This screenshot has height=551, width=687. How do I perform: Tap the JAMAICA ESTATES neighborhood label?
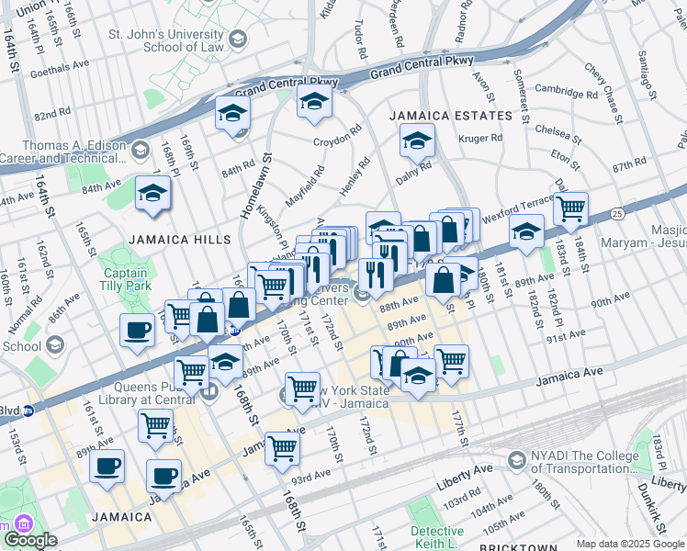[x=450, y=116]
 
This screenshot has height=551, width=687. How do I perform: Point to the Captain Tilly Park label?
[x=124, y=280]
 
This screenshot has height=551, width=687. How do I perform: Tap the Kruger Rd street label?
[x=480, y=139]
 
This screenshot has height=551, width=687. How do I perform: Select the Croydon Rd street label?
[x=337, y=140]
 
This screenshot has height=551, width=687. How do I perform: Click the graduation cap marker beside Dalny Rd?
[x=416, y=142]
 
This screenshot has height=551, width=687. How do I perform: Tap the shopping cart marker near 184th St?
[x=570, y=209]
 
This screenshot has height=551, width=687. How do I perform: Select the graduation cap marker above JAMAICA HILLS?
[x=152, y=194]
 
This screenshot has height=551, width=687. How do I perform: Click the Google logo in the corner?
[x=29, y=540]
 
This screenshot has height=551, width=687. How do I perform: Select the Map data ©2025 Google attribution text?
[x=630, y=544]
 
